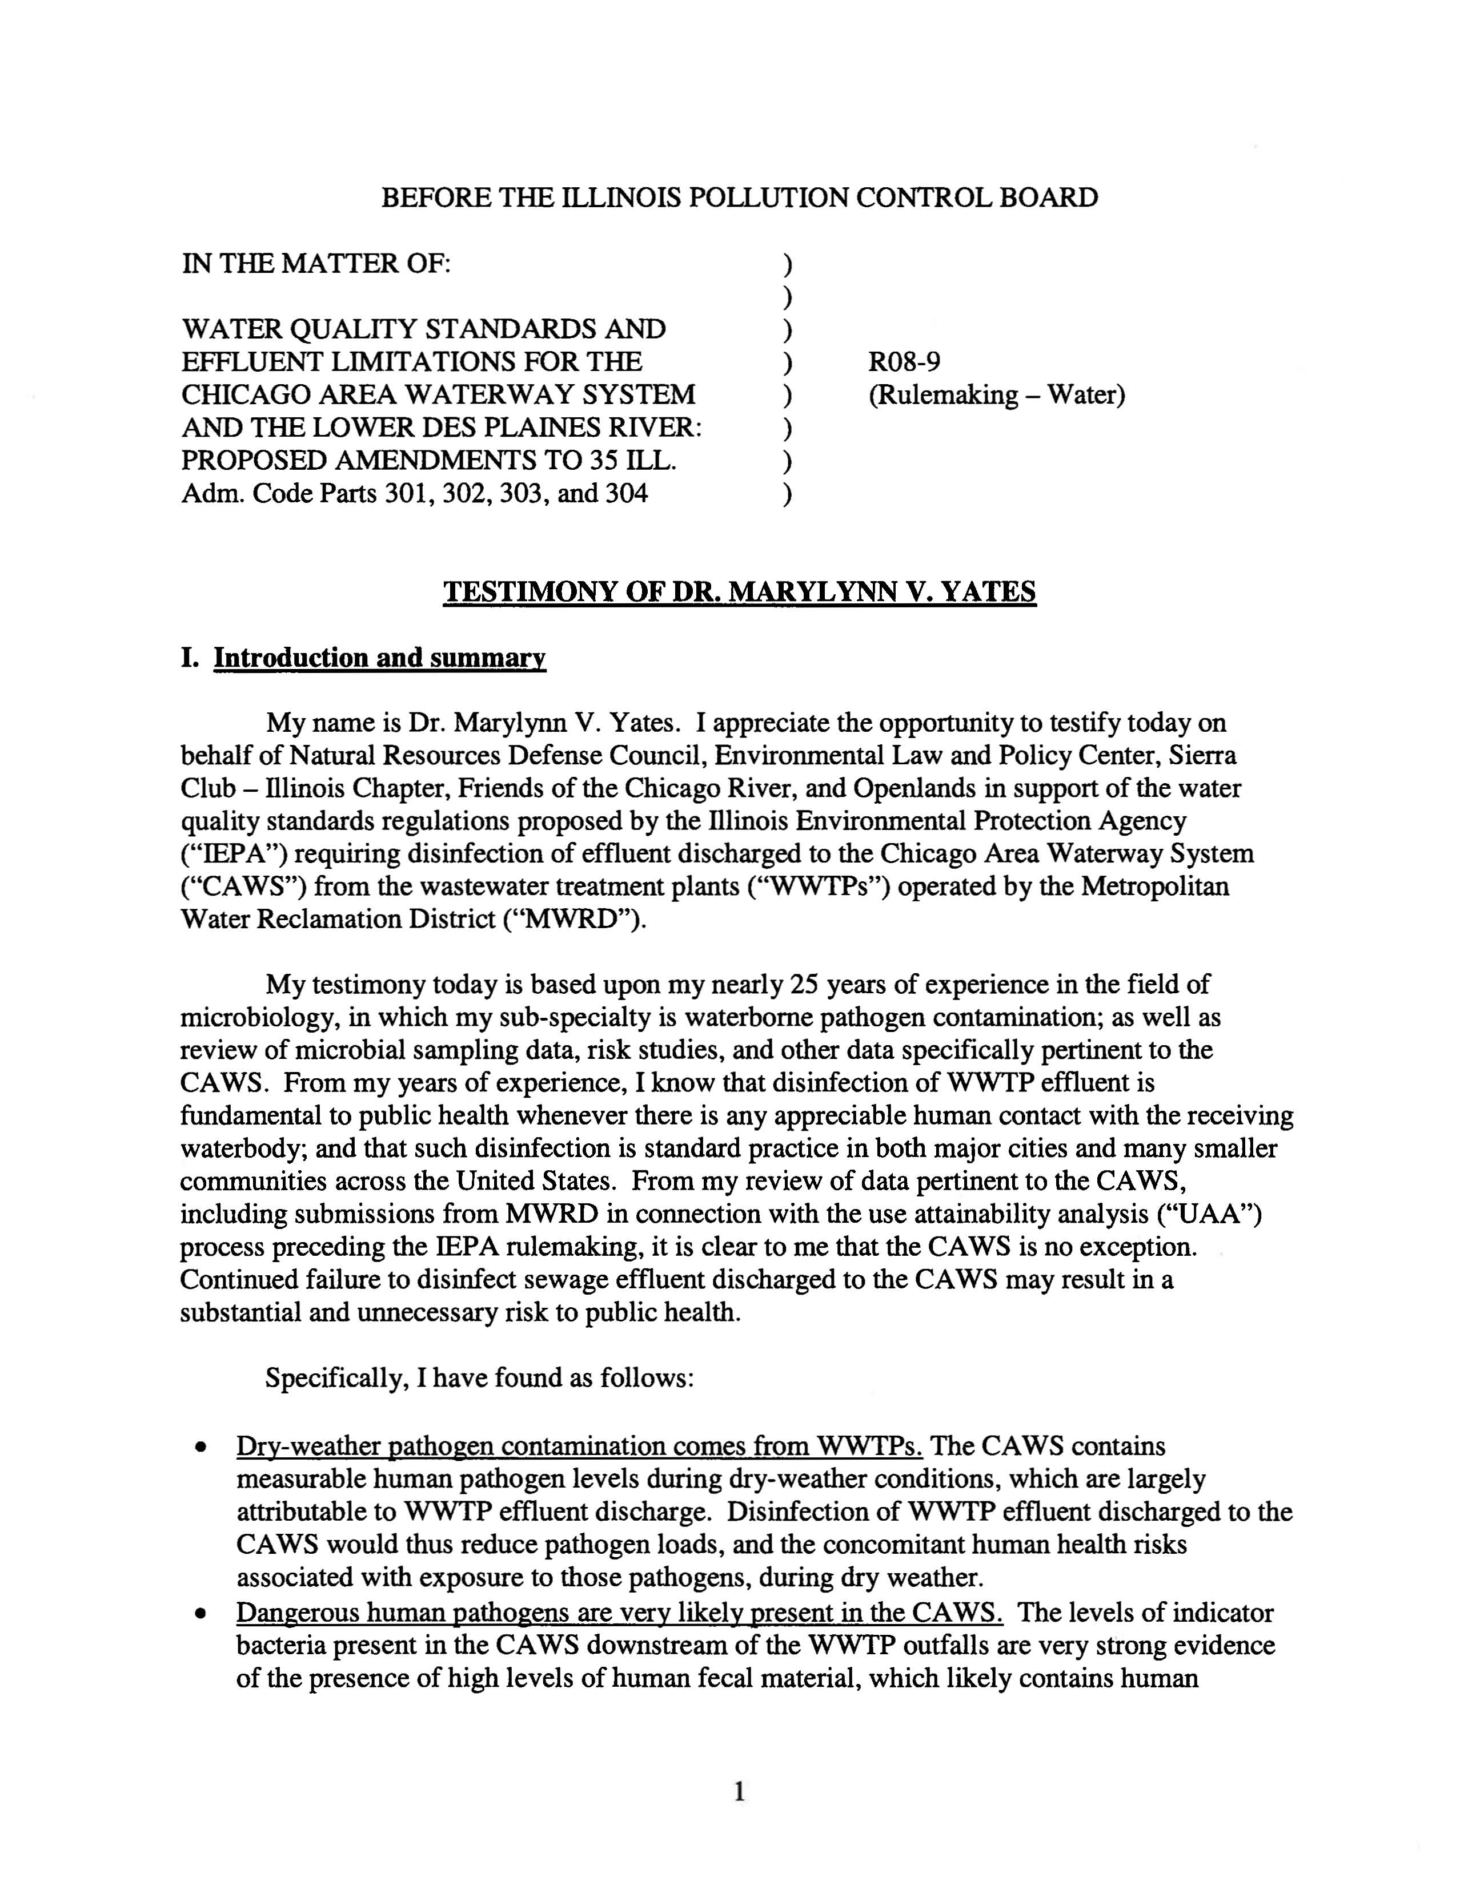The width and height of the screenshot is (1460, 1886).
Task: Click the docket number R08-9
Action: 904,362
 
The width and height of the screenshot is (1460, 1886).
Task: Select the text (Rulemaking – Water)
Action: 996,396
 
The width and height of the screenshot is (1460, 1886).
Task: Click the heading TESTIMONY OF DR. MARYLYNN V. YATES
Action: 739,593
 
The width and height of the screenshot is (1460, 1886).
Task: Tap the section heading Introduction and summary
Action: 379,658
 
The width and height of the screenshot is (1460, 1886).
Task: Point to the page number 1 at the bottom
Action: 739,1793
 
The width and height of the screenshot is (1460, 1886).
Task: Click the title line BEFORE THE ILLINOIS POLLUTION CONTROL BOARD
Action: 739,198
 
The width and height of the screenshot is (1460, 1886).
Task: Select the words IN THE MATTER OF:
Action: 316,263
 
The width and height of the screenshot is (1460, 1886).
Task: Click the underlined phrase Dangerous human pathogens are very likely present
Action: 619,1612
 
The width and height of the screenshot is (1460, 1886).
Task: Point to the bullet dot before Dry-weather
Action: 201,1447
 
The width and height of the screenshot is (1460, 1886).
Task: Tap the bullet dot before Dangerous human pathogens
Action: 201,1614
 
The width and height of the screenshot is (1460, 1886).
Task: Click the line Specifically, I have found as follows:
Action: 479,1377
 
